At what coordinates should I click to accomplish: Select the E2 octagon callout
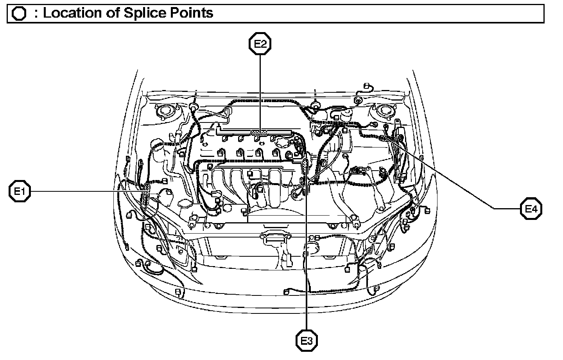coord(260,44)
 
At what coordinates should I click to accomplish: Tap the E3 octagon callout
coord(306,340)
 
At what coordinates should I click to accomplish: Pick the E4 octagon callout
coord(531,209)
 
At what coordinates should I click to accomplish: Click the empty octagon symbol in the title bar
coord(19,14)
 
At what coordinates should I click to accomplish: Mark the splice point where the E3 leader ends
coord(305,164)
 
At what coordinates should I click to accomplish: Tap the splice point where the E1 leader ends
coord(146,191)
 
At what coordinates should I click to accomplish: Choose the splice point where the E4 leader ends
coord(384,137)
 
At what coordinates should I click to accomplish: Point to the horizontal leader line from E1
coord(86,191)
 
